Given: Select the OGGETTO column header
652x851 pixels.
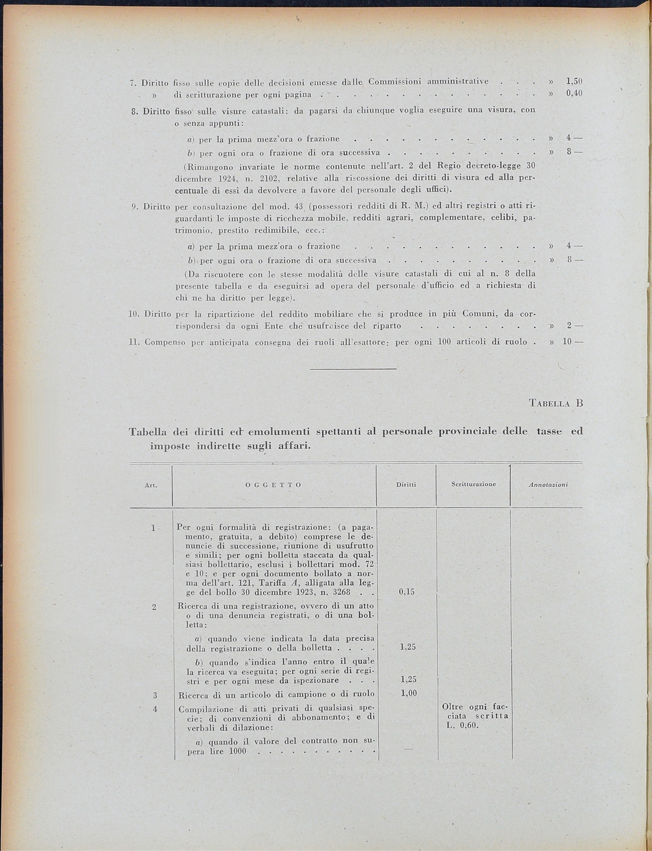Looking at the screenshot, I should coord(274,485).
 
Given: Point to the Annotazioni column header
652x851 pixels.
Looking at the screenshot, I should coord(547,484).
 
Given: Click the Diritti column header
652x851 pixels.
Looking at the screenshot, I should coord(407,485).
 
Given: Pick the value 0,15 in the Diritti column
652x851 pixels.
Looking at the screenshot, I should coord(407,592).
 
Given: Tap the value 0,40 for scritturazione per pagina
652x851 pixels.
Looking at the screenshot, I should coord(574,94).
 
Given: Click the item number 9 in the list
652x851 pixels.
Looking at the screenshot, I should coord(134,206).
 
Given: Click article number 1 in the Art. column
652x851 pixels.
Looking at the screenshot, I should coord(153,528).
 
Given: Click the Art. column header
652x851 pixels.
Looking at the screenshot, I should coord(150,485).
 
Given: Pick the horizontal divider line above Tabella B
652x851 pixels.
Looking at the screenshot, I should coord(353,369).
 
